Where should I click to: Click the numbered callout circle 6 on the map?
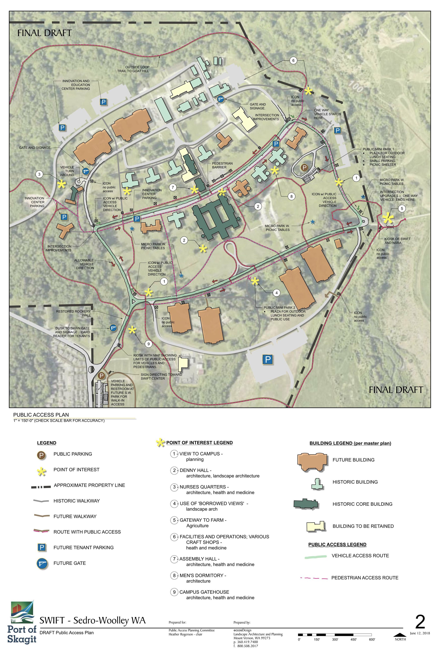point(293,60)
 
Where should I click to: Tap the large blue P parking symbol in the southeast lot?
point(267,359)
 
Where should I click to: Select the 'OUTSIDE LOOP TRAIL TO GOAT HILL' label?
point(137,69)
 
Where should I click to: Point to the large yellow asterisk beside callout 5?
point(388,218)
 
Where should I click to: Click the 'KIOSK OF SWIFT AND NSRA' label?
point(397,241)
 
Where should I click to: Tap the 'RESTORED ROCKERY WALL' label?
point(74,313)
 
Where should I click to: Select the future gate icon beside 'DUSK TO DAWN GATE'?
point(113,328)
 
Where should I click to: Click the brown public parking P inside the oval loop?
point(304,168)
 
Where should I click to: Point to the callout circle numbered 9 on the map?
point(148,343)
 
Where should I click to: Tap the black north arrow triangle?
point(400,635)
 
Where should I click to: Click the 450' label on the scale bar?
point(353,640)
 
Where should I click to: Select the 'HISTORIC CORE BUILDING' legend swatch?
point(306,504)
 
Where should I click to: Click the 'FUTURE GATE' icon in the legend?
point(41,563)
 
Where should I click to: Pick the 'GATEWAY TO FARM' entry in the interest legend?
point(203,520)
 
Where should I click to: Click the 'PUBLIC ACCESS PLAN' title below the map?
point(41,414)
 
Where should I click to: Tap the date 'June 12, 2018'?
point(420,633)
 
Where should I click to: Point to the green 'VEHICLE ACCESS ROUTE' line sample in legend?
point(316,556)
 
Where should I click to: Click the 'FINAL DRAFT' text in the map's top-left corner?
point(45,33)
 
